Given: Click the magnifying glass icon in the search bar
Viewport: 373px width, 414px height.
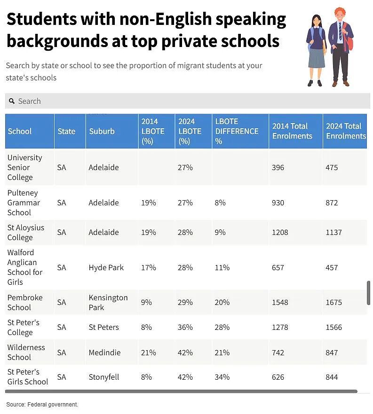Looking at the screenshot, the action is tap(12, 101).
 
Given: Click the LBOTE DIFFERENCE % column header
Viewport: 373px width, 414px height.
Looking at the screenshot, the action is tap(237, 131).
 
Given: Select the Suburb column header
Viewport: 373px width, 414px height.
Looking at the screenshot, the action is tap(102, 131).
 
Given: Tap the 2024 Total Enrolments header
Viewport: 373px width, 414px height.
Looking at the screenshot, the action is tap(346, 131).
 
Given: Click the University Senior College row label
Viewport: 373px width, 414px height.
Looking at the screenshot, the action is tap(24, 167).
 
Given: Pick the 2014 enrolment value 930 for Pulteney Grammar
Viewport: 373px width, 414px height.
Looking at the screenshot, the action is tap(278, 203).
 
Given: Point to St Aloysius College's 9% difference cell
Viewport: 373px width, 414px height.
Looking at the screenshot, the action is tap(220, 232).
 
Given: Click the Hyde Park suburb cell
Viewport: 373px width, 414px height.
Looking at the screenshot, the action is tap(106, 267).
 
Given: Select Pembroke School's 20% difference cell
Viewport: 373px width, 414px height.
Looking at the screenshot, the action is tap(222, 302).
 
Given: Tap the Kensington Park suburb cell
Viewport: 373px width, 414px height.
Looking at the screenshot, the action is tap(108, 302).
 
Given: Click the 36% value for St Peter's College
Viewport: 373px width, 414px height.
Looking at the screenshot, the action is tap(185, 328).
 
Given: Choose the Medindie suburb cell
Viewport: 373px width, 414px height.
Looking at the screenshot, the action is tap(104, 352).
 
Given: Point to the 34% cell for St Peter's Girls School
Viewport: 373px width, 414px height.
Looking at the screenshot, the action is tap(222, 377).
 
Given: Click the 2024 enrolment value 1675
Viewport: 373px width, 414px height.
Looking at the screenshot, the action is tap(333, 302).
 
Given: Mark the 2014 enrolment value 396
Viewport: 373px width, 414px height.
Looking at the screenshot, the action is tap(278, 168).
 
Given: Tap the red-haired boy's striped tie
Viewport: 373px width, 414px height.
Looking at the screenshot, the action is tap(341, 31).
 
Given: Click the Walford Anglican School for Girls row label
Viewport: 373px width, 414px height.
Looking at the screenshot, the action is tap(24, 267).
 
